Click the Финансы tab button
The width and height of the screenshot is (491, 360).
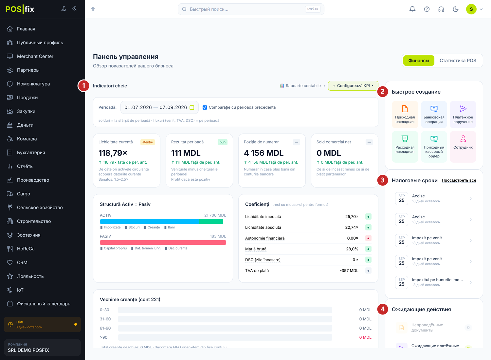click(x=418, y=61)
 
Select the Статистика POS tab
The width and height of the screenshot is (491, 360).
click(x=458, y=61)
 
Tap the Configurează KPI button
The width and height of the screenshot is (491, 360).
click(x=353, y=86)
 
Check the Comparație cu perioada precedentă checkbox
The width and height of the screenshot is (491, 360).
click(x=205, y=107)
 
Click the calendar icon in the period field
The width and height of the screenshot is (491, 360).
click(x=192, y=107)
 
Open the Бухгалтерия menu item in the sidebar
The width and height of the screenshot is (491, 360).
click(x=31, y=153)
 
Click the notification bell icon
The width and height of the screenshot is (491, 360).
click(x=412, y=9)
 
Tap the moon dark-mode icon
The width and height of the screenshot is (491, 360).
click(x=456, y=9)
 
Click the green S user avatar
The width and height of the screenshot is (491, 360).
click(x=471, y=9)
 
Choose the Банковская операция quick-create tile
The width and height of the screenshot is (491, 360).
click(x=434, y=115)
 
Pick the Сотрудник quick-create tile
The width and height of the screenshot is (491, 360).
click(x=463, y=147)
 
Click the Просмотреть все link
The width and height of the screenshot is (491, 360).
click(x=459, y=180)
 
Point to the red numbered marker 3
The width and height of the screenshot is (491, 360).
click(x=383, y=180)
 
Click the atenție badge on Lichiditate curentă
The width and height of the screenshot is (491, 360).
click(x=148, y=142)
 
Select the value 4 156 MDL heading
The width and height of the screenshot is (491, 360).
click(x=264, y=153)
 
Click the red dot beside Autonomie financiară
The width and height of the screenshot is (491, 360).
click(x=368, y=238)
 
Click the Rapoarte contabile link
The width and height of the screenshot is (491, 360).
click(x=303, y=86)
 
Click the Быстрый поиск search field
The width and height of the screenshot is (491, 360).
click(x=251, y=9)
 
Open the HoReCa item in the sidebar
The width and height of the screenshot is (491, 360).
click(x=26, y=249)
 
